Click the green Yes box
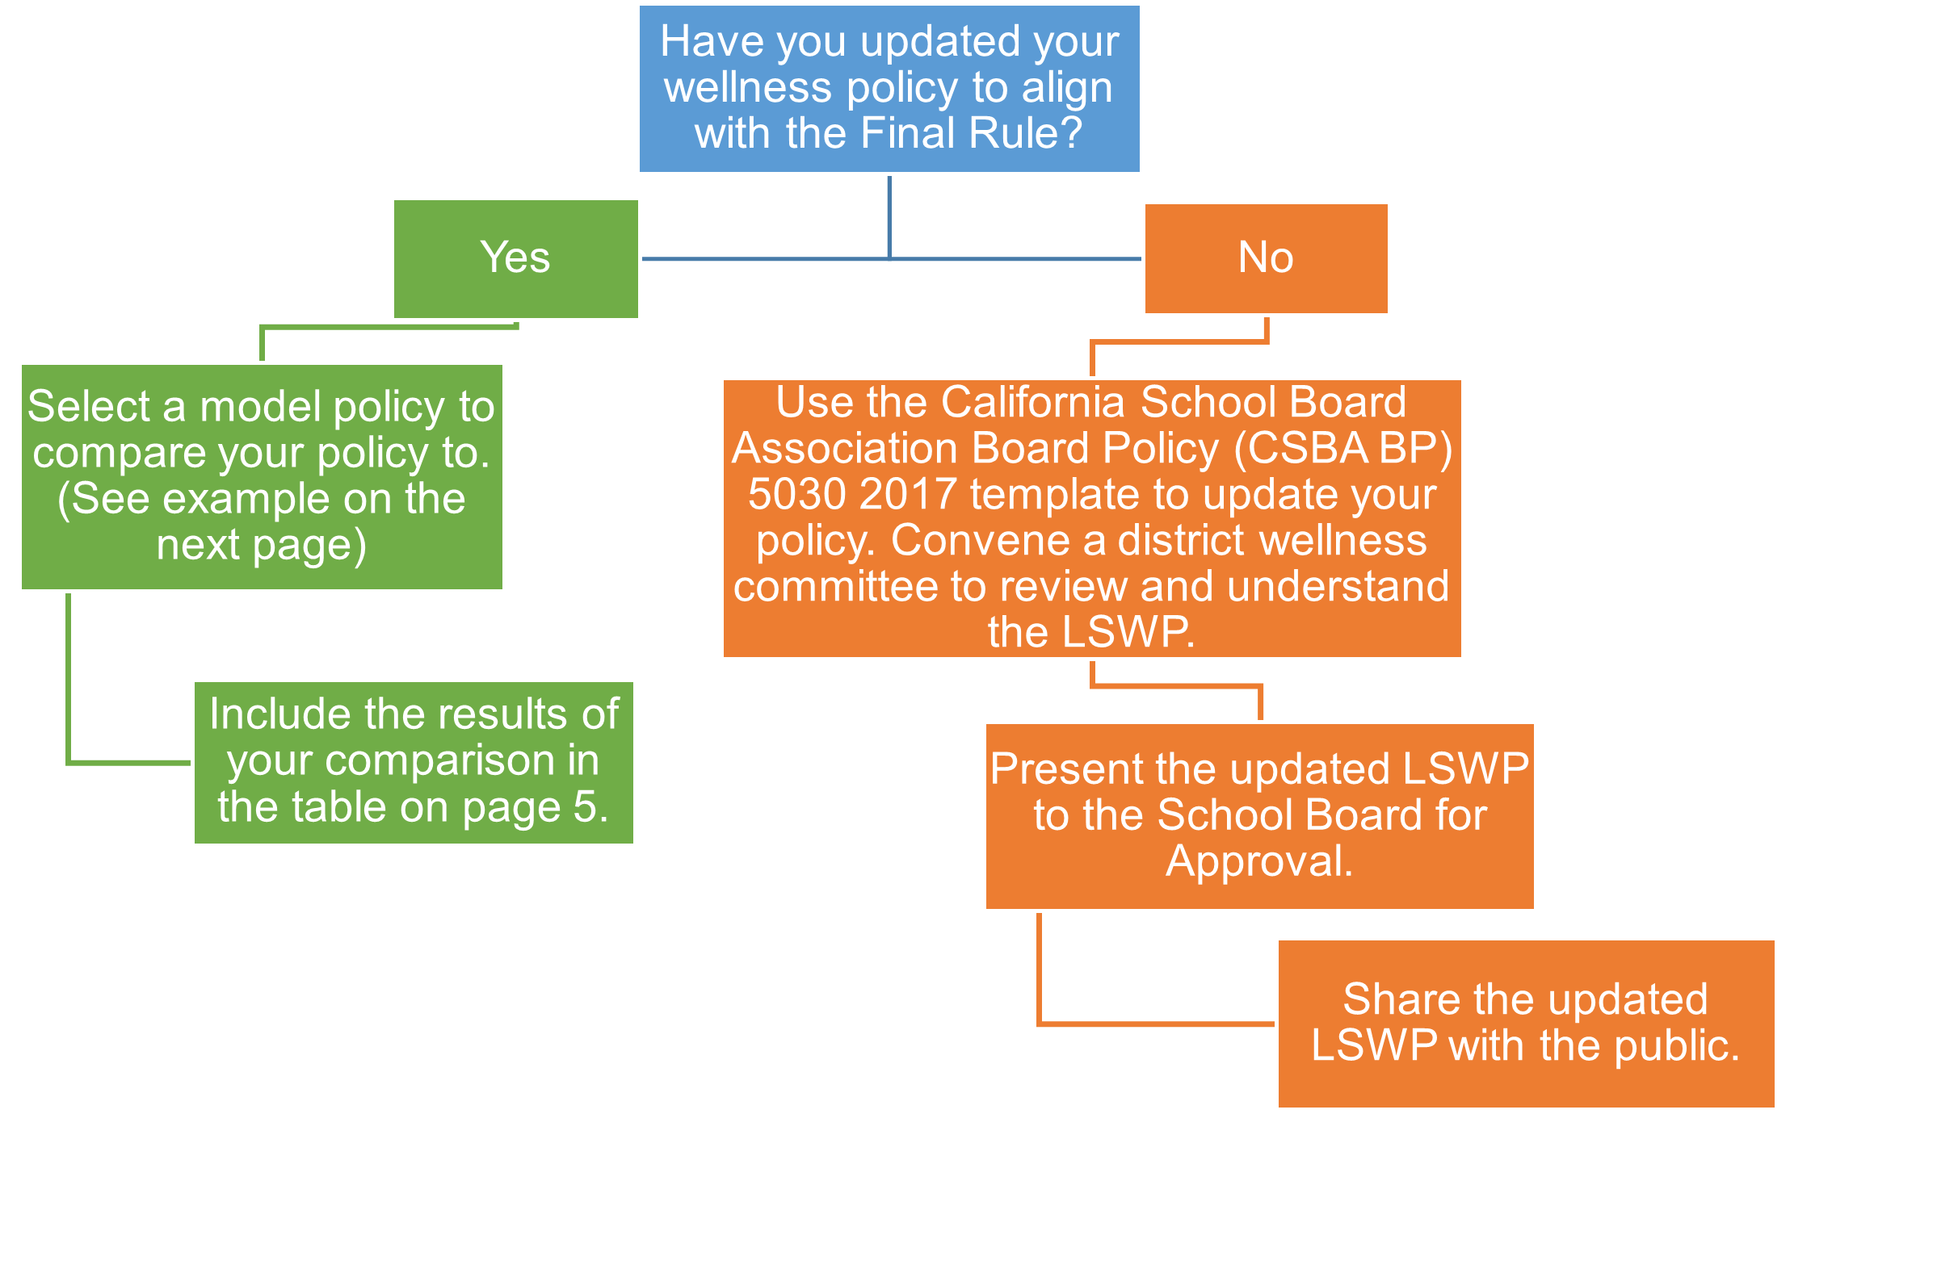pos(515,258)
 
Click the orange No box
pos(1266,258)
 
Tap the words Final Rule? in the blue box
pos(971,132)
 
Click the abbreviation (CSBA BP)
pos(1342,448)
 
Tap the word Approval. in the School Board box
pos(1259,861)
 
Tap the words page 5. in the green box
pos(535,807)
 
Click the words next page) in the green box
pos(261,544)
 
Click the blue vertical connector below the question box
pos(889,216)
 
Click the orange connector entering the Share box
pos(1156,1024)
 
